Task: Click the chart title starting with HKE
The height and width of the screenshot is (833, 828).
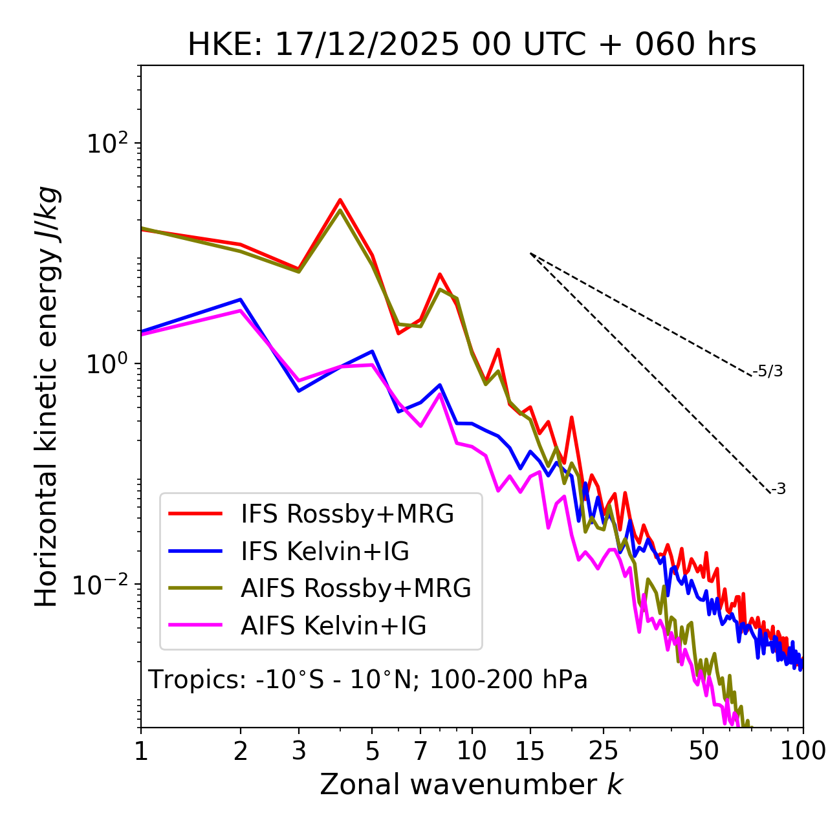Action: [x=472, y=45]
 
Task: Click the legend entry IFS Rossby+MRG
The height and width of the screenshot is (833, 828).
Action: [x=347, y=514]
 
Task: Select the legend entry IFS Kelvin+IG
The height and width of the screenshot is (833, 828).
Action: [x=325, y=551]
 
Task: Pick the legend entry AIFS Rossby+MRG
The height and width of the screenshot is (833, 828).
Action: [x=356, y=588]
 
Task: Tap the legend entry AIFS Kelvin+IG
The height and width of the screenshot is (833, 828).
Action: [x=333, y=625]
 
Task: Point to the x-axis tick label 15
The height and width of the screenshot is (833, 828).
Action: [x=530, y=751]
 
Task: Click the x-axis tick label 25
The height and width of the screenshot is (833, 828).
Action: [x=604, y=751]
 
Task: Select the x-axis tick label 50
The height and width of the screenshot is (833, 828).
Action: [x=703, y=751]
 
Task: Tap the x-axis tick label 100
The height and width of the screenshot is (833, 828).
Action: [x=803, y=751]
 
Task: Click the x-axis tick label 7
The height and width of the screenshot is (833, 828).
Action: [x=420, y=751]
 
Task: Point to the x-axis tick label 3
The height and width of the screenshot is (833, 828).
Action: [x=298, y=751]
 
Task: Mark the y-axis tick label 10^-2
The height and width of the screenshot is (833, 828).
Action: [x=103, y=584]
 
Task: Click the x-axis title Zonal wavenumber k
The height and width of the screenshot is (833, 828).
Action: [x=472, y=784]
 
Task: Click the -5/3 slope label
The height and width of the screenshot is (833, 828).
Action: [x=768, y=372]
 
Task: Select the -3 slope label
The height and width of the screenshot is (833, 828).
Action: [x=778, y=490]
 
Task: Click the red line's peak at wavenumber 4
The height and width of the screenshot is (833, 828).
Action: [x=340, y=200]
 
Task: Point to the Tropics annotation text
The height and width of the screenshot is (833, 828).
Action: [x=367, y=680]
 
